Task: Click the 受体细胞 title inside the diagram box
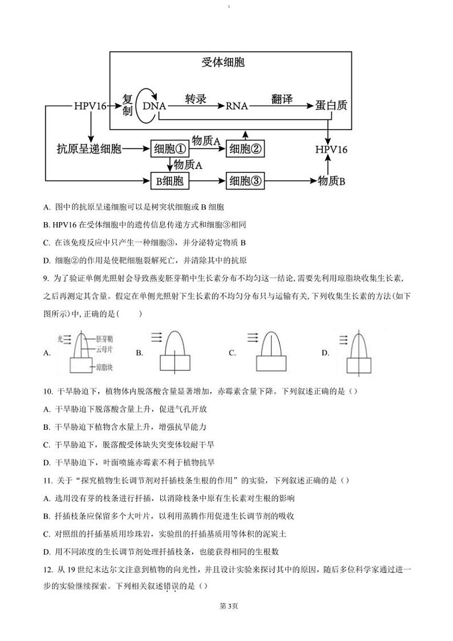click(x=223, y=62)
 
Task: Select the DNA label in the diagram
click(x=154, y=106)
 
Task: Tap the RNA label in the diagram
click(x=237, y=106)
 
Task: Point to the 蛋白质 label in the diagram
click(x=331, y=106)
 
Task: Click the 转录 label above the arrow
click(x=195, y=99)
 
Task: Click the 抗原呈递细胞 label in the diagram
click(x=89, y=150)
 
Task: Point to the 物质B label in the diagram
click(x=331, y=182)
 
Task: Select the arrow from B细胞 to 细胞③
click(x=208, y=182)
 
